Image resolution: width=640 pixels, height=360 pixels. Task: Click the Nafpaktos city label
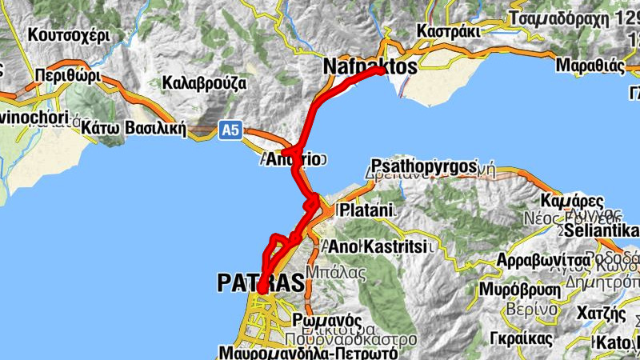[x=370, y=67]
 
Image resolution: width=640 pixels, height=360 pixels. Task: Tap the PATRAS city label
[x=261, y=282]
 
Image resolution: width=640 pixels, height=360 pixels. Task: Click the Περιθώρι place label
[x=67, y=77]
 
